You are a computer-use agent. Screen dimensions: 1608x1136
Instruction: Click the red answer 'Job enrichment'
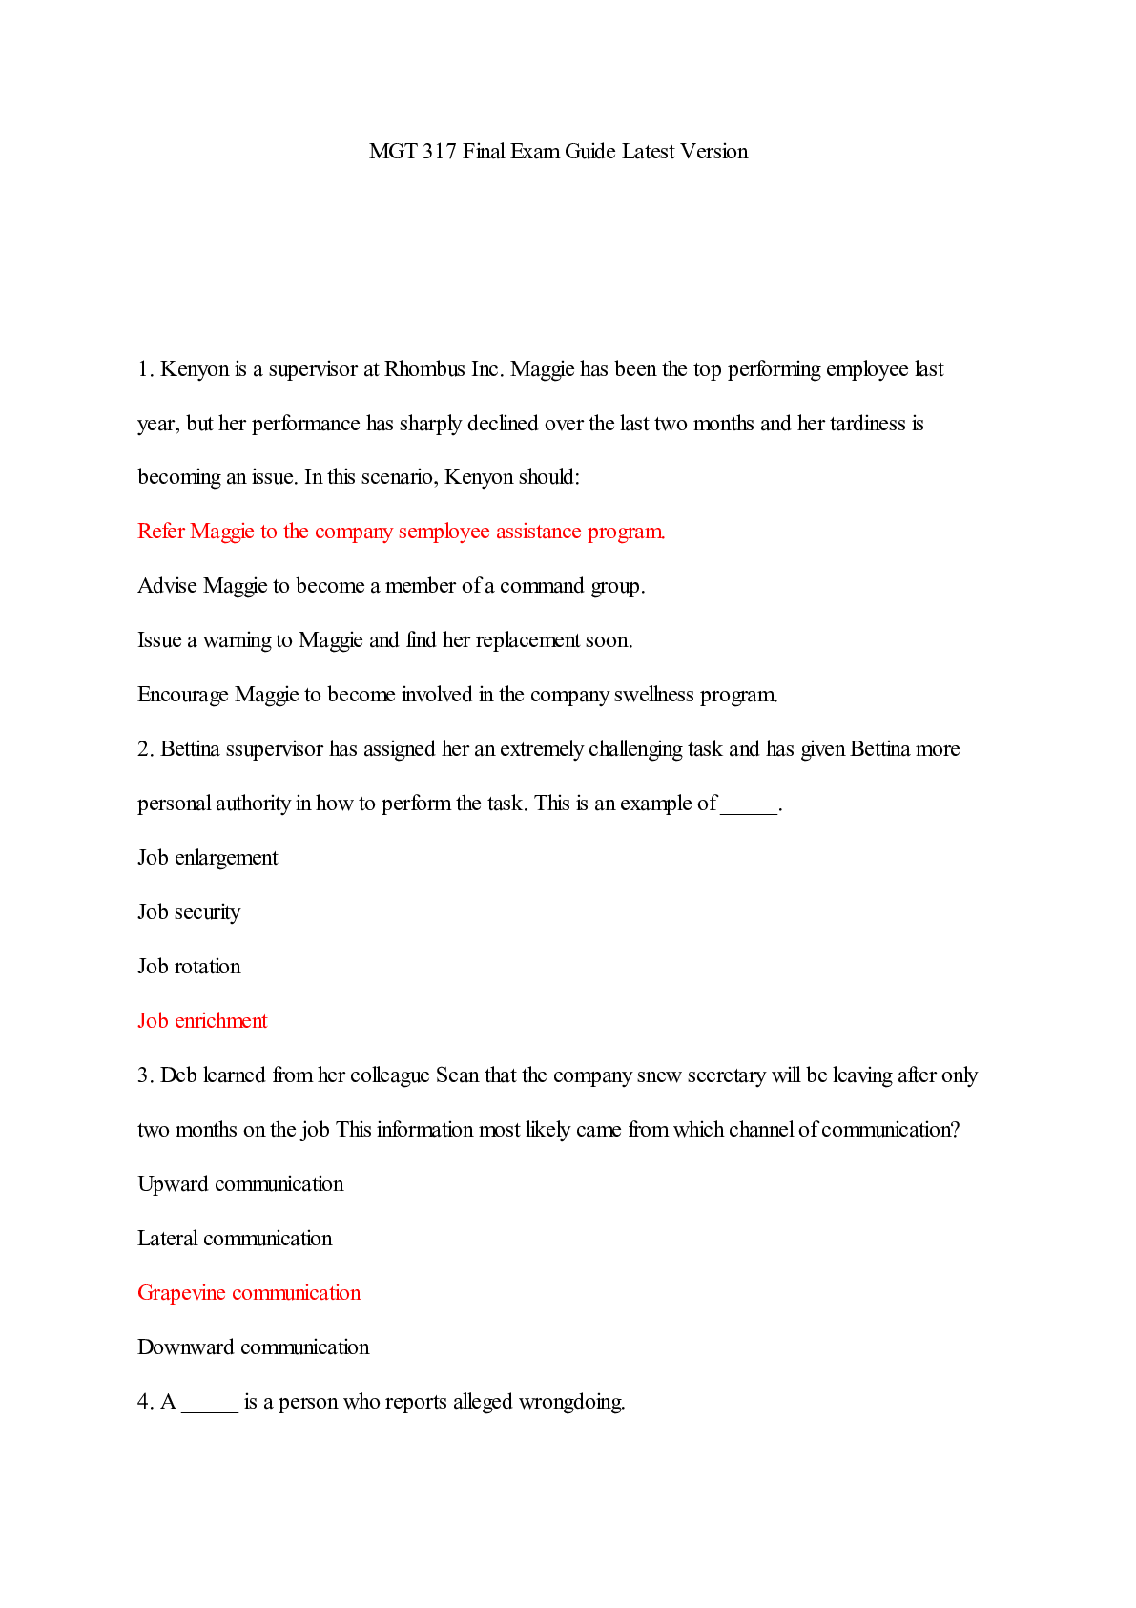202,1021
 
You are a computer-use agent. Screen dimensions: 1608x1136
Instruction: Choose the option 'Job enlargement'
207,858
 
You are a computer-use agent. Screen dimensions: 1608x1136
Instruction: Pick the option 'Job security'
189,912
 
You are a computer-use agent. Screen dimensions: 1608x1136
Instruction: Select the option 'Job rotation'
189,967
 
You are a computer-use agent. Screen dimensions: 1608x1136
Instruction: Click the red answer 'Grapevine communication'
249,1293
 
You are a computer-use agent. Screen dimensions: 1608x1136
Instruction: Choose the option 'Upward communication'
240,1184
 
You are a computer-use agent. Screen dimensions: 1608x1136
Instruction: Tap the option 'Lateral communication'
235,1239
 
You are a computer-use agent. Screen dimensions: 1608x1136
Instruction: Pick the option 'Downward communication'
253,1347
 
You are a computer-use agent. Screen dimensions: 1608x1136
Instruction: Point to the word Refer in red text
161,532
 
